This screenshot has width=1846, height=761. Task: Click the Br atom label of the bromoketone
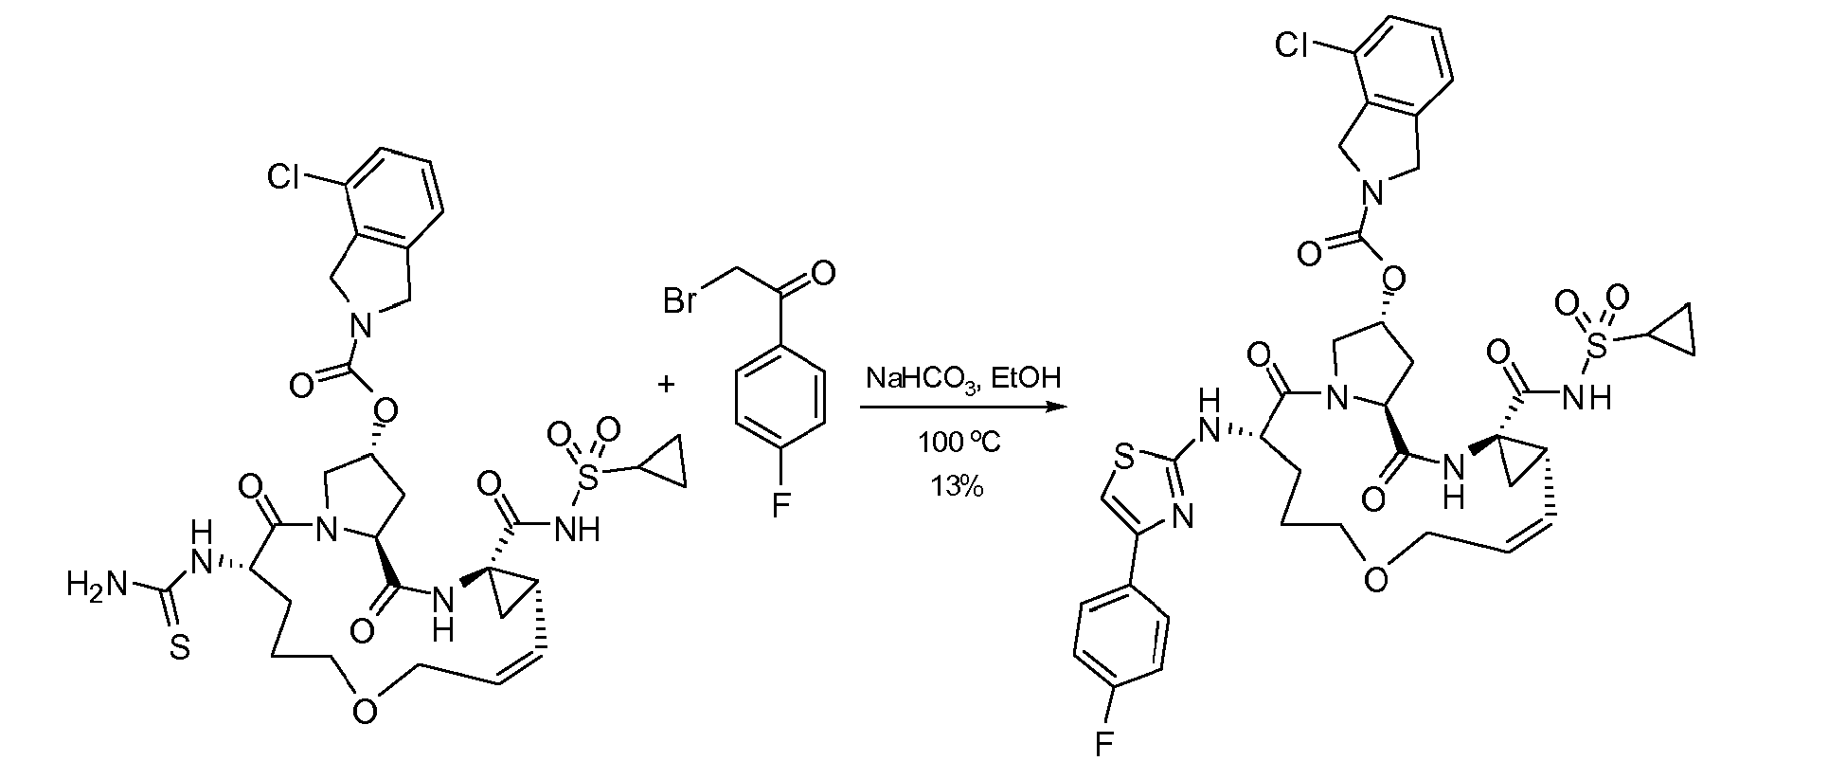point(680,302)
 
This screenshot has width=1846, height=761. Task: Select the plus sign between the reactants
point(667,384)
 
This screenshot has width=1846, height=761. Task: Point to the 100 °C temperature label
point(959,443)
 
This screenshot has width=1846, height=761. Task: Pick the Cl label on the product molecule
point(1293,45)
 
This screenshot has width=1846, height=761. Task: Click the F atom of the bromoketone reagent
point(780,508)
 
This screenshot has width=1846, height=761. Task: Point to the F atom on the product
point(1103,744)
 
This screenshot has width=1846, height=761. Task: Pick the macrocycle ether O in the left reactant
point(366,710)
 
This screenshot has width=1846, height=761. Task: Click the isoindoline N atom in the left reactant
point(357,327)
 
